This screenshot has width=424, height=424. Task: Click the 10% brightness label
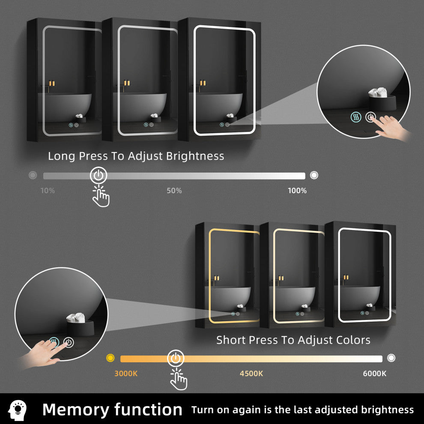coord(48,191)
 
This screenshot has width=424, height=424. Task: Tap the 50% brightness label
coord(174,191)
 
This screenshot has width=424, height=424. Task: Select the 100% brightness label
coord(297,191)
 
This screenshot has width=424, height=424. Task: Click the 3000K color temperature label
coord(126,373)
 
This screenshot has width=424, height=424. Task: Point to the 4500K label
coord(251,373)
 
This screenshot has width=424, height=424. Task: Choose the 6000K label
coord(374,373)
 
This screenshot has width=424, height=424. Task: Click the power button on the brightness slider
coord(99,176)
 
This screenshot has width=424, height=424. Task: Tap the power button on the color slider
coord(176,358)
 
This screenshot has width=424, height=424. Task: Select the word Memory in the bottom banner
coord(75,410)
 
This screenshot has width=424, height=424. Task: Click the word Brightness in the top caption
coord(195,156)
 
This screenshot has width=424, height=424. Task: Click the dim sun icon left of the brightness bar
coord(33,175)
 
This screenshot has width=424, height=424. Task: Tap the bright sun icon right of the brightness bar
coord(314,175)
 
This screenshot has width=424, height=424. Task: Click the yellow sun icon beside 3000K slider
coord(110,358)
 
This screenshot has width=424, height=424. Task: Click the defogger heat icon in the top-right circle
coord(356,117)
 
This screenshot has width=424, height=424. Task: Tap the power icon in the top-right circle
coord(370,117)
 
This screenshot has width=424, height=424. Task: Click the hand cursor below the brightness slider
coord(101,196)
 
